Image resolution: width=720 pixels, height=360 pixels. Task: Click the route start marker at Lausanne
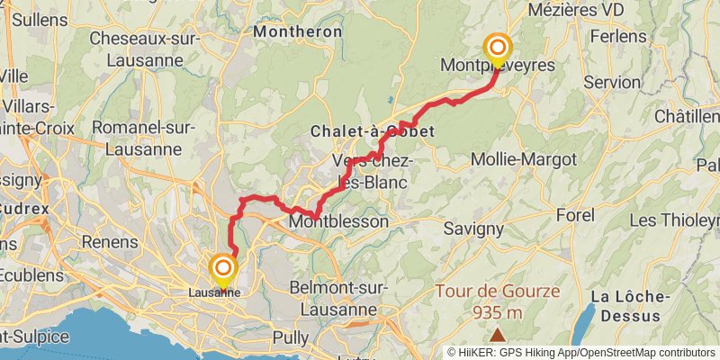221,269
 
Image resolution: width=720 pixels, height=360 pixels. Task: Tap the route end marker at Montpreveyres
496,48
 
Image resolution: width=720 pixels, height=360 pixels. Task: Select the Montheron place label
298,31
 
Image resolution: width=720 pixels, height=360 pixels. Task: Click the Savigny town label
473,229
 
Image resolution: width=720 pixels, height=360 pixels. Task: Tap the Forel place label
576,216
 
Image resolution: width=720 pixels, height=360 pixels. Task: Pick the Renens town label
110,242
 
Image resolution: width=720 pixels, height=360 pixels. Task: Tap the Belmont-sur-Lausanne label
338,299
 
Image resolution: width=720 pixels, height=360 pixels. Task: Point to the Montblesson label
338,221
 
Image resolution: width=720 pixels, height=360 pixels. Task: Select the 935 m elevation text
498,312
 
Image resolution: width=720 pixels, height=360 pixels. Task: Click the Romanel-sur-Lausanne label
144,139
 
